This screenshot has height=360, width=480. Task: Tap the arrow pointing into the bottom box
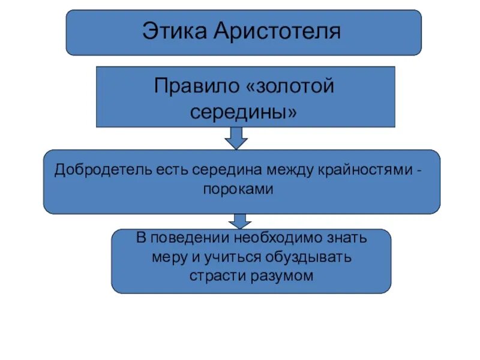[239, 221]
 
